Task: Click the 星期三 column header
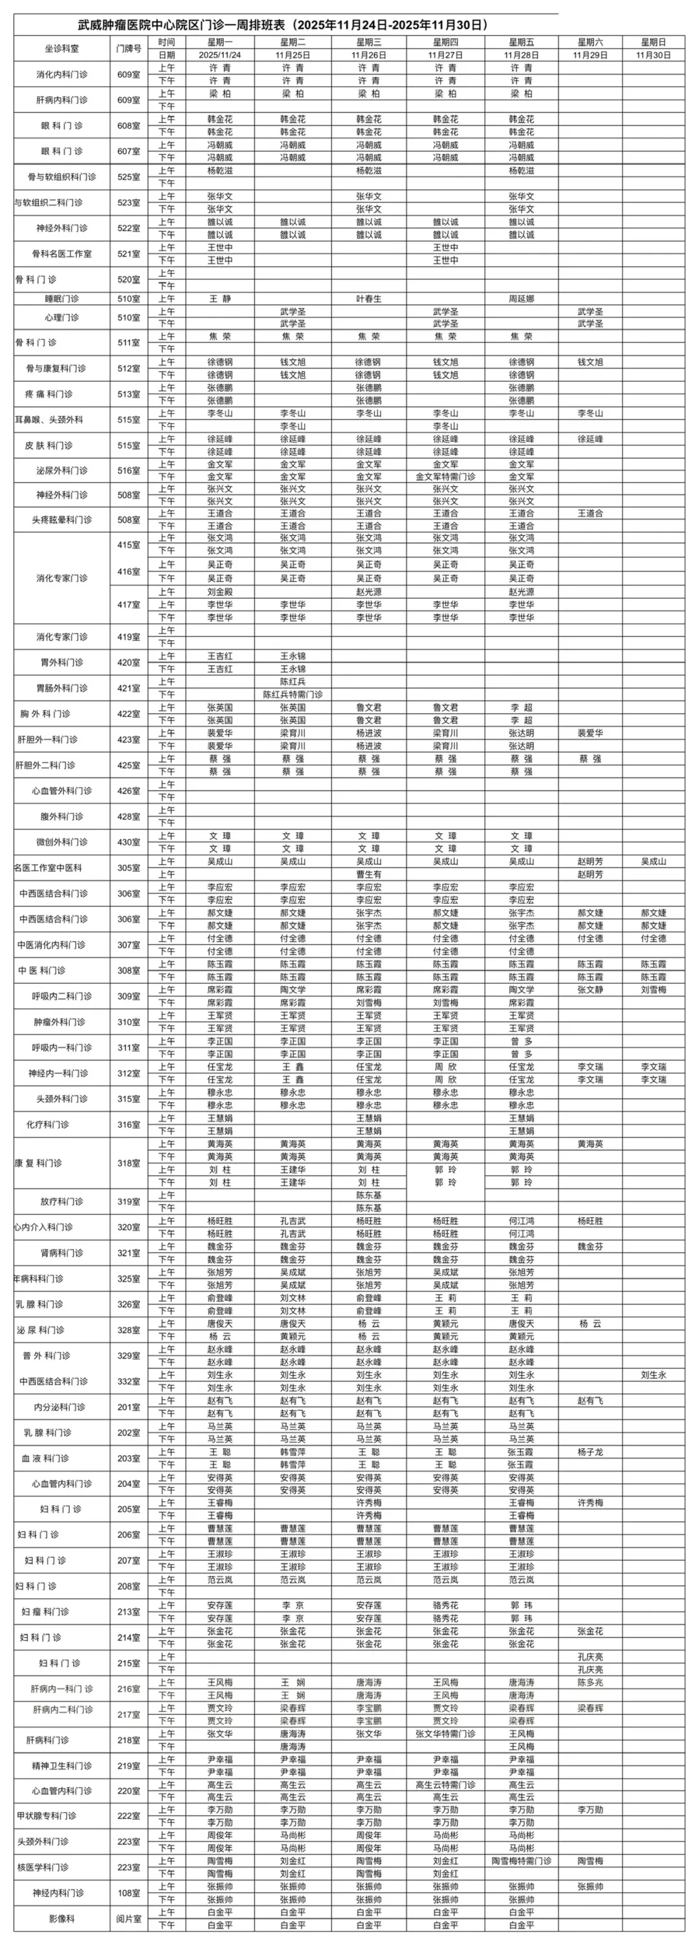[369, 42]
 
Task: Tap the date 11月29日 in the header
[590, 55]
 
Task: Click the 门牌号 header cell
[129, 49]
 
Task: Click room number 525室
[129, 177]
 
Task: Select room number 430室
[129, 842]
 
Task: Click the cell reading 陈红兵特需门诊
[293, 695]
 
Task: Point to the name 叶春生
[369, 298]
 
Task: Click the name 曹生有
[369, 875]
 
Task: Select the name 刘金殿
[220, 592]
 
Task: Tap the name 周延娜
[521, 298]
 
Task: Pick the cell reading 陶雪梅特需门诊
[521, 1860]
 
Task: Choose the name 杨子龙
[590, 1451]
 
